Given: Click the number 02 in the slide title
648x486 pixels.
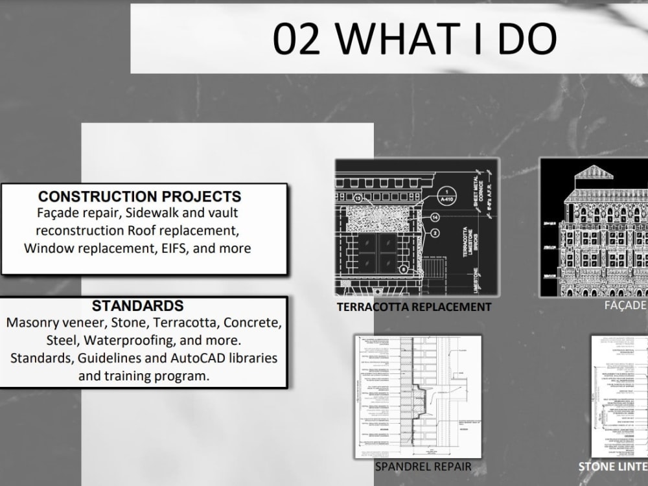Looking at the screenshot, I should tap(297, 38).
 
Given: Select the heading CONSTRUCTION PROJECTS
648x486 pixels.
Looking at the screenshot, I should tap(139, 196).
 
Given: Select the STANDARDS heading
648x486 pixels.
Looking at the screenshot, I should tap(137, 306).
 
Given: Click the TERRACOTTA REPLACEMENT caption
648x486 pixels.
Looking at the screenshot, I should tap(414, 307).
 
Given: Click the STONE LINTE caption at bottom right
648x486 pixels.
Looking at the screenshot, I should tap(612, 467).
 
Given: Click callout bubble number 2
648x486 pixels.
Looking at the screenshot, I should tap(435, 233).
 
